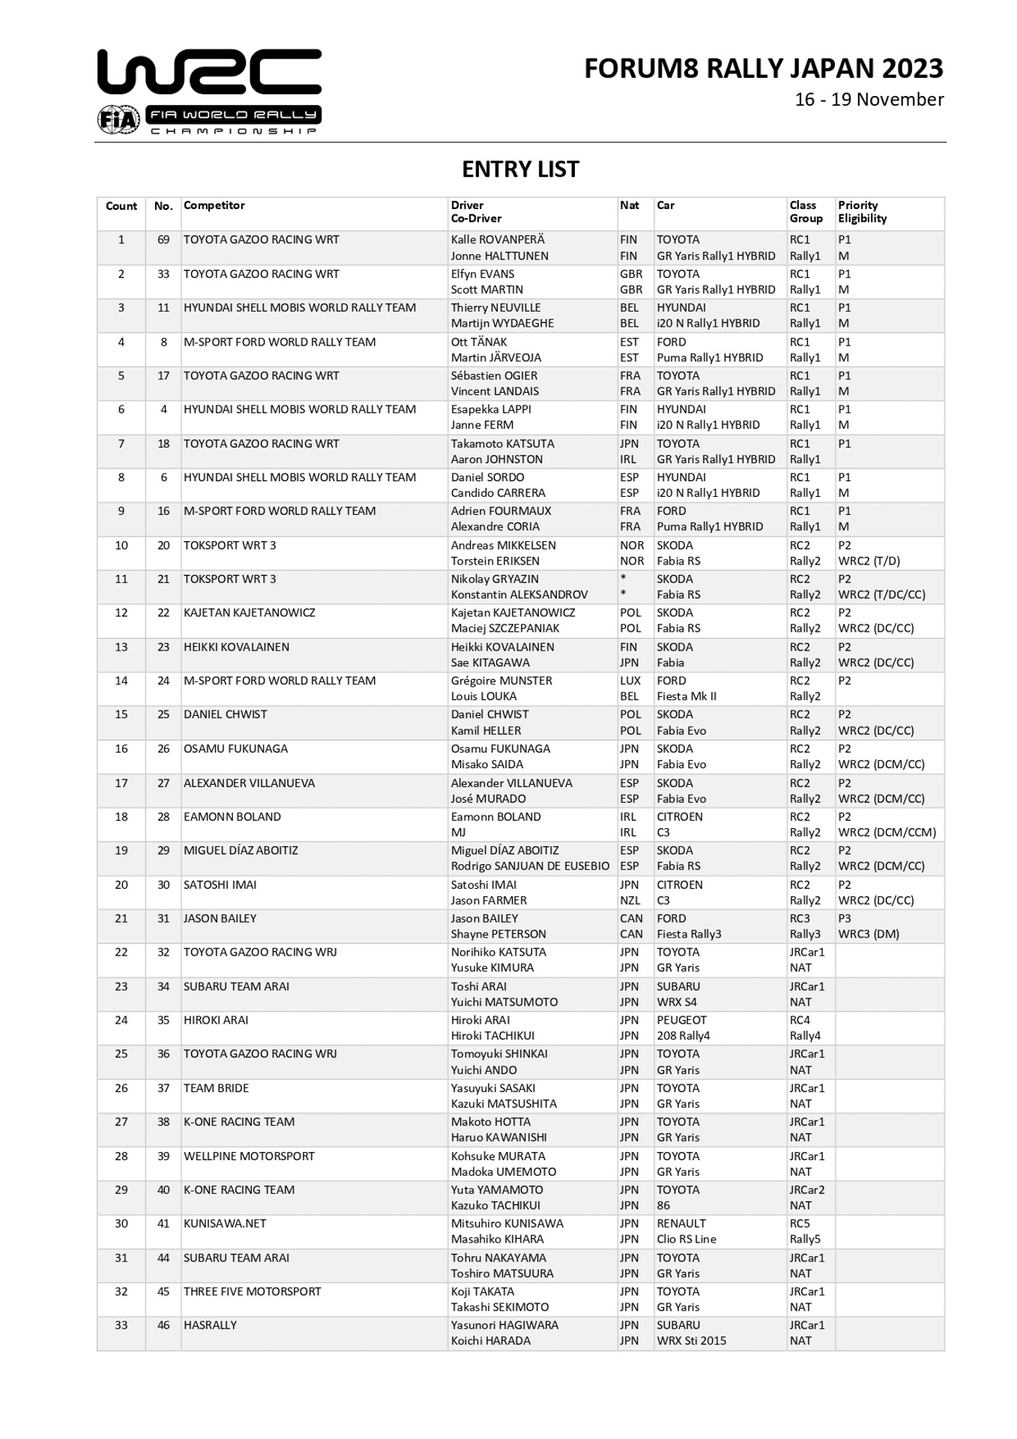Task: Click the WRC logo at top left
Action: coord(209,91)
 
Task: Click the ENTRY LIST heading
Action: coord(520,169)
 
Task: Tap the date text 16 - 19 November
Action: coord(869,100)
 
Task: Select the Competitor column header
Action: coord(214,205)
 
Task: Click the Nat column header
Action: coord(630,205)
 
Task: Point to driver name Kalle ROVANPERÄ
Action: coord(498,240)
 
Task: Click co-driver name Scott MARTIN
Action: coord(487,290)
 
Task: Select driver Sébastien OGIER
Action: coord(494,375)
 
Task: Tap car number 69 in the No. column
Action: coord(163,240)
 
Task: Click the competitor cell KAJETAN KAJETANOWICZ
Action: coord(250,612)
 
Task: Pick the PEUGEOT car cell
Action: coord(681,1020)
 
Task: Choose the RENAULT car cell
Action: coord(681,1223)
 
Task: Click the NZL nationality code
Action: coord(630,900)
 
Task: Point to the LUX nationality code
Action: coord(630,681)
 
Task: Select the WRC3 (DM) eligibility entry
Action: coord(869,934)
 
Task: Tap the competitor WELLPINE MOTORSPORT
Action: coord(249,1156)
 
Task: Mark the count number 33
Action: coord(121,1325)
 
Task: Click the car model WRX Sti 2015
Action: coord(691,1341)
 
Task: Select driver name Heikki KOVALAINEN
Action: coord(503,647)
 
